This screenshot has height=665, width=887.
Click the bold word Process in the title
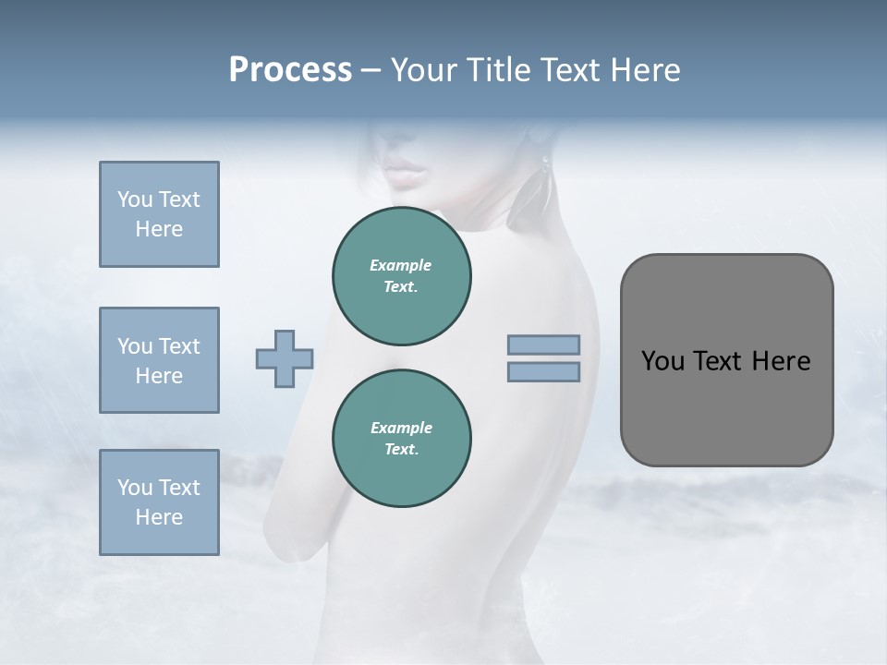[x=290, y=70]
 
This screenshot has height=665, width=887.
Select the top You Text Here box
[x=159, y=214]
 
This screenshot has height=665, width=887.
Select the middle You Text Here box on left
[x=159, y=360]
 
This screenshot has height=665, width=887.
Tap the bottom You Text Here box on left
[x=159, y=502]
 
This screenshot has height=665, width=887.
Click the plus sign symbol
[x=285, y=359]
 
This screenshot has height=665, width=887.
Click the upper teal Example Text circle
[x=401, y=276]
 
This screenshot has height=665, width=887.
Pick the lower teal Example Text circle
[x=401, y=438]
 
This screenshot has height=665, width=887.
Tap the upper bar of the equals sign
[x=544, y=345]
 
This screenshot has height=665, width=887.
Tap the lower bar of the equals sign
[x=544, y=371]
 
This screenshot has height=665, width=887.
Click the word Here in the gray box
[x=781, y=361]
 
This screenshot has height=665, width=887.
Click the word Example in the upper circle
[x=401, y=265]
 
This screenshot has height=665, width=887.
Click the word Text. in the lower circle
[x=401, y=449]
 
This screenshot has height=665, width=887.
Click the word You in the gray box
[x=662, y=361]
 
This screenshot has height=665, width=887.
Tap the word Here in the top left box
[x=159, y=229]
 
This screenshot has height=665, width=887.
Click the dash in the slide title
[x=371, y=70]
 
